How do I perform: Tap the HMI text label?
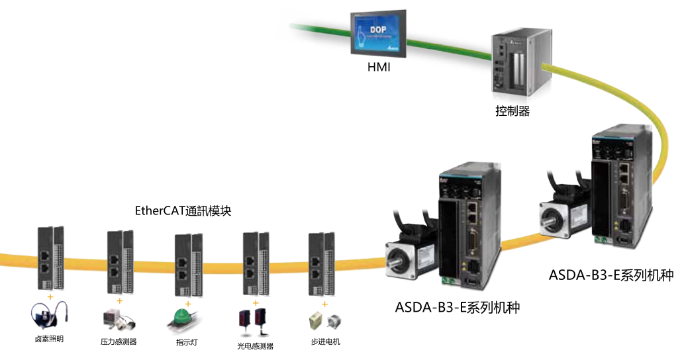[379, 67]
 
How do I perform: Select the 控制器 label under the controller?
[512, 111]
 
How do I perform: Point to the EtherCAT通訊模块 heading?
[183, 211]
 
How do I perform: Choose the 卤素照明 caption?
[50, 339]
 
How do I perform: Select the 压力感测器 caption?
[119, 341]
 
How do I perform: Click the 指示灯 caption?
[187, 341]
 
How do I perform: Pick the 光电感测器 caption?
[255, 345]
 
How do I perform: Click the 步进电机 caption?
[325, 341]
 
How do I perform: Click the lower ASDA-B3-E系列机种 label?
[457, 307]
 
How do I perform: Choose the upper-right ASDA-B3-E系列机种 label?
[610, 275]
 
